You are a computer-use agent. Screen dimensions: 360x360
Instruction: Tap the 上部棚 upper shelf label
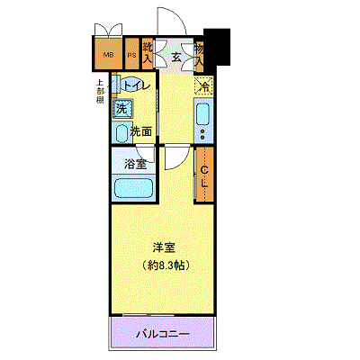coord(101,94)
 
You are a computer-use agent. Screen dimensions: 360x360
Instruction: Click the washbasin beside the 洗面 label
coord(121,132)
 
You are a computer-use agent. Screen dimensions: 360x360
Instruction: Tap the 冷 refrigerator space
coord(203,87)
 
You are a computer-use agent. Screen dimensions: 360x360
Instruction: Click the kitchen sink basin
coord(202,114)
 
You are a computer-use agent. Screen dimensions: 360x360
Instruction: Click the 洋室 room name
coord(162,247)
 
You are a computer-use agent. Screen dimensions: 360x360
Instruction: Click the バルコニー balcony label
coord(163,334)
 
